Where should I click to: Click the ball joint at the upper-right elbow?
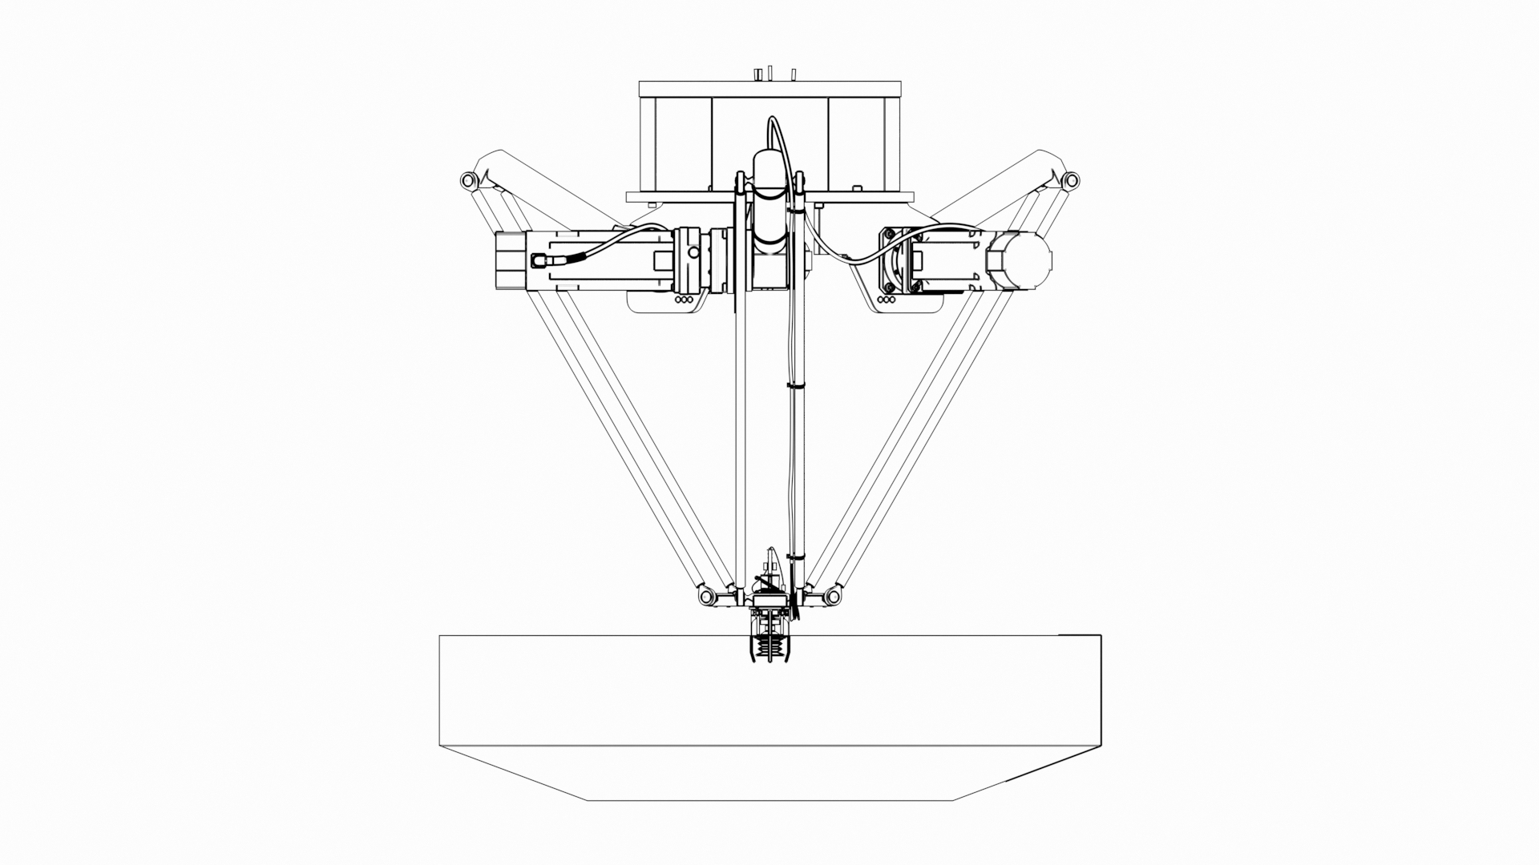click(1071, 180)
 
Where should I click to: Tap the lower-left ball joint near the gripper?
click(707, 597)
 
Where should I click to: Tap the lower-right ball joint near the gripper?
click(833, 597)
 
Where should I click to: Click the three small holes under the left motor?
click(684, 301)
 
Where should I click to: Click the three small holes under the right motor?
click(887, 301)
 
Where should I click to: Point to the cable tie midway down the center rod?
click(795, 386)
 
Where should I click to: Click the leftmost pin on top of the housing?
click(757, 74)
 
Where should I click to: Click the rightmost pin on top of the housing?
click(794, 74)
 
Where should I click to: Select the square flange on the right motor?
click(897, 260)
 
